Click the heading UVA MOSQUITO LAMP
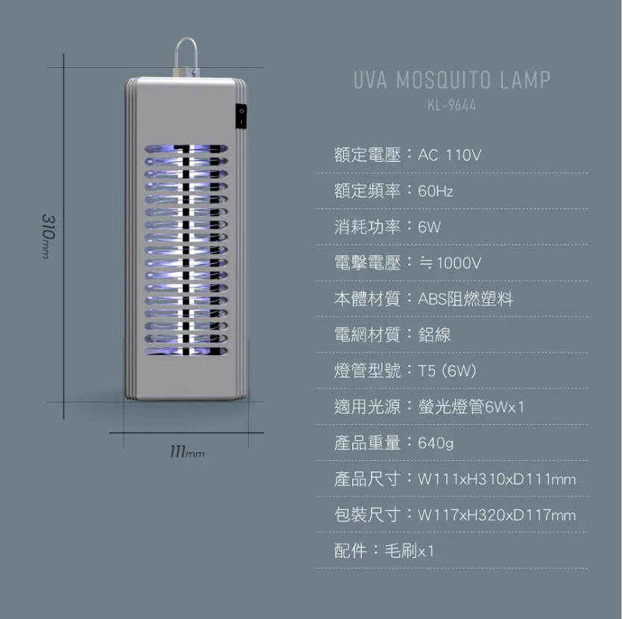451,80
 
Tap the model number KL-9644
451,105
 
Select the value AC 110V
449,155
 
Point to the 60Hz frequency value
436,192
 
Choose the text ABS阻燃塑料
465,299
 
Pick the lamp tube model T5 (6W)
447,371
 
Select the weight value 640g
436,444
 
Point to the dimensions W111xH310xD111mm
497,480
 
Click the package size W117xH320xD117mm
497,515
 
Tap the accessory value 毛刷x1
409,551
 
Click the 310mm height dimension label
47,236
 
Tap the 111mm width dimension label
187,453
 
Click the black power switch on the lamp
241,115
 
